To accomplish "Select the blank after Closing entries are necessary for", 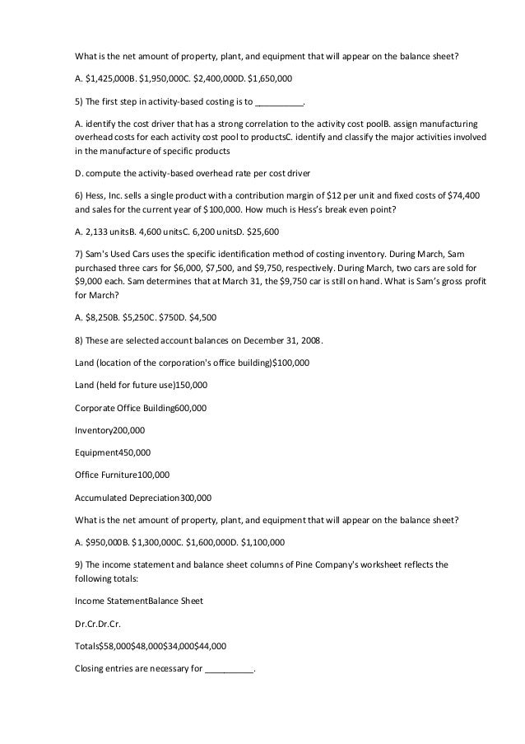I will (x=230, y=669).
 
